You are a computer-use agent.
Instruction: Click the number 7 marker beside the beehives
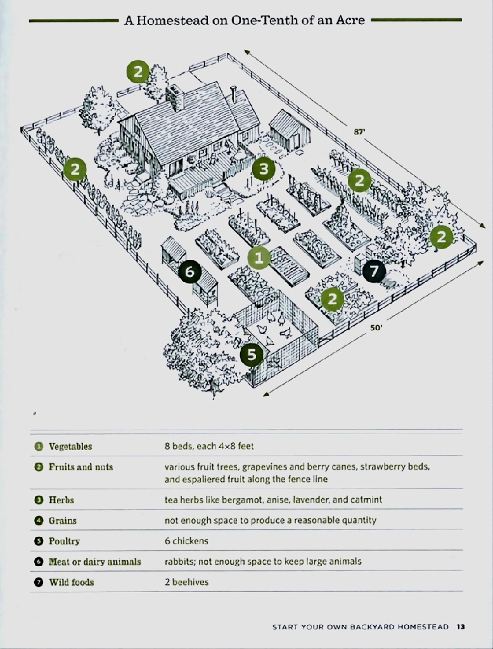pyautogui.click(x=375, y=271)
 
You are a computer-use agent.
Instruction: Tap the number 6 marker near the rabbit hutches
pyautogui.click(x=189, y=271)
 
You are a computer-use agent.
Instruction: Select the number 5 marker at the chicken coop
pyautogui.click(x=252, y=355)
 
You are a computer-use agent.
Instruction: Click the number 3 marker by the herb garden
pyautogui.click(x=263, y=169)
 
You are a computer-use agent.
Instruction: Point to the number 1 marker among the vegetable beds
pyautogui.click(x=259, y=257)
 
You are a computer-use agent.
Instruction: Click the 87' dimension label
pyautogui.click(x=359, y=132)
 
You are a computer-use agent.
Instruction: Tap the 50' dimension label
pyautogui.click(x=376, y=328)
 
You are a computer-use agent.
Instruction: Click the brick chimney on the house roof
pyautogui.click(x=175, y=98)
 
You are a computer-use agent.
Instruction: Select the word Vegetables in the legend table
pyautogui.click(x=70, y=446)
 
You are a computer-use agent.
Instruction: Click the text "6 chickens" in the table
pyautogui.click(x=186, y=541)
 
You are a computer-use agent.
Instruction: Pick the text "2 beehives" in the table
pyautogui.click(x=186, y=582)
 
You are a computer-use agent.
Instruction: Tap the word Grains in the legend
pyautogui.click(x=63, y=521)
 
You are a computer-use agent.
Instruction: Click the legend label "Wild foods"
pyautogui.click(x=71, y=582)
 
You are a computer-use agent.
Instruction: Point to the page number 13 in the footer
pyautogui.click(x=461, y=627)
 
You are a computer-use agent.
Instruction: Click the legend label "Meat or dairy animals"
pyautogui.click(x=95, y=562)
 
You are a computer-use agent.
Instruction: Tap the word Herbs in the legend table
pyautogui.click(x=61, y=500)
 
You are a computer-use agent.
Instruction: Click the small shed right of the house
pyautogui.click(x=290, y=129)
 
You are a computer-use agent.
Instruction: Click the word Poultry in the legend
pyautogui.click(x=64, y=541)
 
